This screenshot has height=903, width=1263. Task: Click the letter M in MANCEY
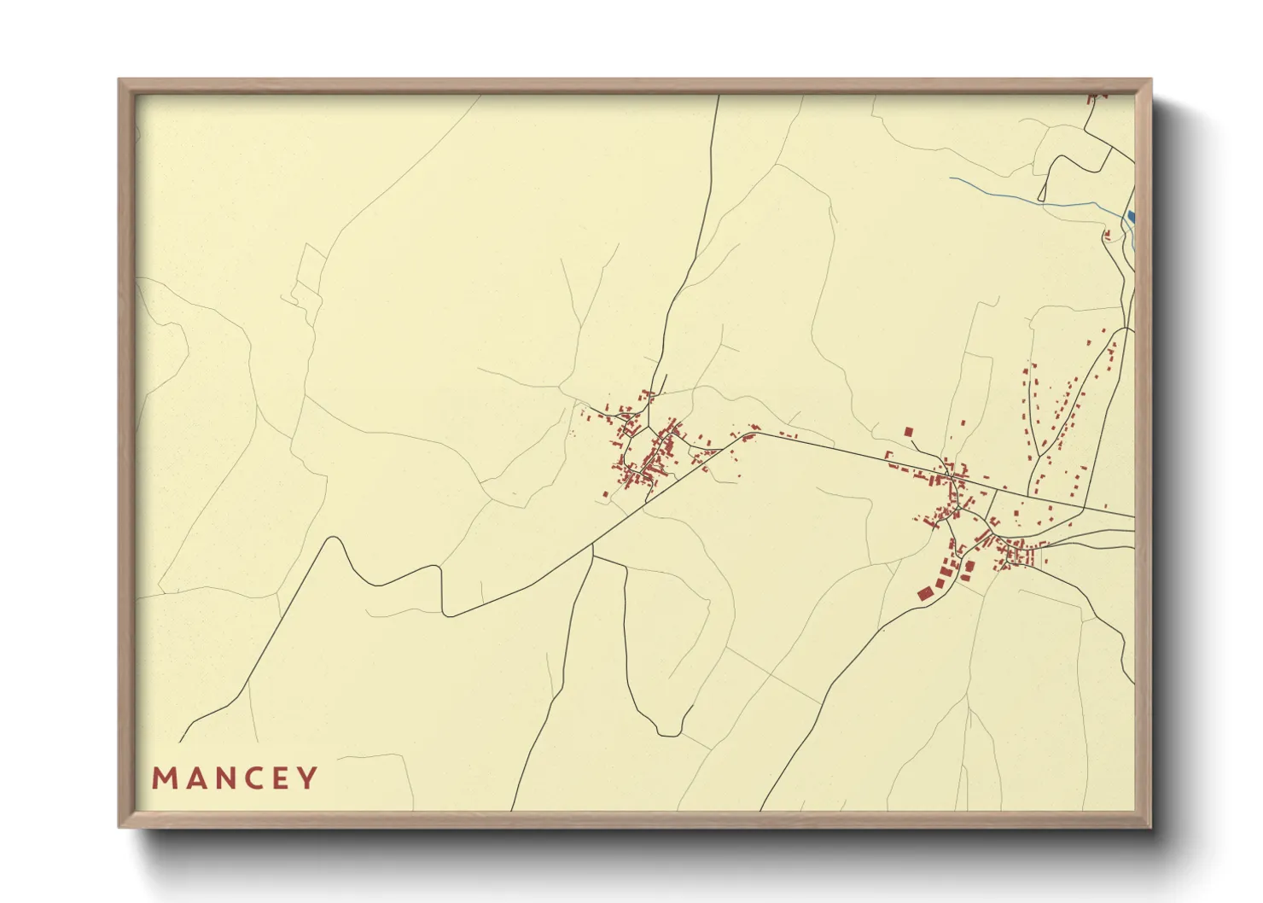click(x=164, y=778)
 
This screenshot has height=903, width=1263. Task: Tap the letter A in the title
click(x=194, y=778)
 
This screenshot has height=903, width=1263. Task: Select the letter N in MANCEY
click(x=223, y=778)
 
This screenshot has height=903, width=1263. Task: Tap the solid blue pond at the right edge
click(x=1132, y=216)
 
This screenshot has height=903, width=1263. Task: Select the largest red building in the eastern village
click(x=923, y=592)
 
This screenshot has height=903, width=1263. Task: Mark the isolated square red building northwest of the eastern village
click(x=908, y=432)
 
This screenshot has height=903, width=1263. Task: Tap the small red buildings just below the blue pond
click(x=1108, y=235)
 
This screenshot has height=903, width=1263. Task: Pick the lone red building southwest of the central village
click(x=605, y=493)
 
